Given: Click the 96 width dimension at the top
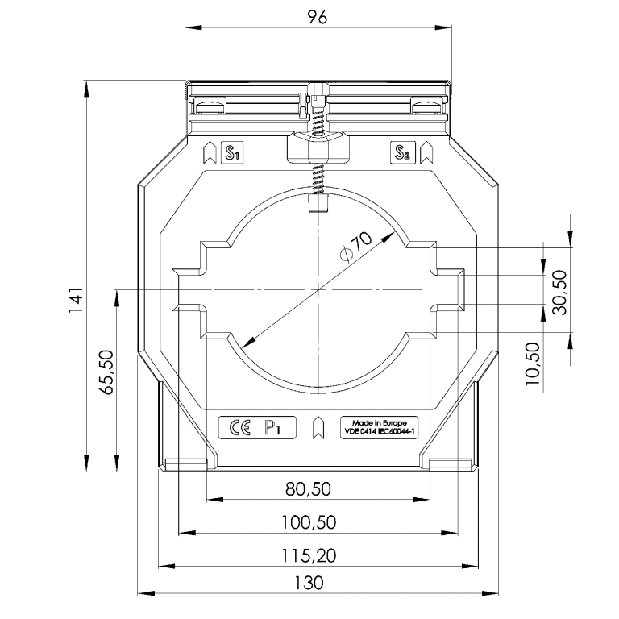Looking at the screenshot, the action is [318, 17].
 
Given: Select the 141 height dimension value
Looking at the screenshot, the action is [76, 300].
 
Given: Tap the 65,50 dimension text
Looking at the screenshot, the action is [106, 372].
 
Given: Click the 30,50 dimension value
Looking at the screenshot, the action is [559, 292].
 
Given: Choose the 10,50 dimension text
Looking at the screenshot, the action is [532, 364].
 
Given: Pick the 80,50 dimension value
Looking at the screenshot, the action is [308, 489].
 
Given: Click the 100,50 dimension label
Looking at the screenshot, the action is [309, 522].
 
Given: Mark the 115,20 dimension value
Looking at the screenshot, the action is [309, 555].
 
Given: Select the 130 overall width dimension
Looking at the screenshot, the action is [309, 583].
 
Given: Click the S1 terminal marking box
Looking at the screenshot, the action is [232, 152].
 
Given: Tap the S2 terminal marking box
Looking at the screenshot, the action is [402, 152].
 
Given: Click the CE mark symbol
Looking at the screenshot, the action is [239, 427].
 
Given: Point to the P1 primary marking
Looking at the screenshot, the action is [272, 427].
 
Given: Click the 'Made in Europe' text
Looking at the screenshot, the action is [380, 423].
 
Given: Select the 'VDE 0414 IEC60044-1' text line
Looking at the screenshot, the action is [380, 431].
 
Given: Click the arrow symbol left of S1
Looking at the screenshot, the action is [210, 152].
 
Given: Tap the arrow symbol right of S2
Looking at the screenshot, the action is [426, 152].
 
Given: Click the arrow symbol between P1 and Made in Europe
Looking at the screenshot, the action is [318, 427].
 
